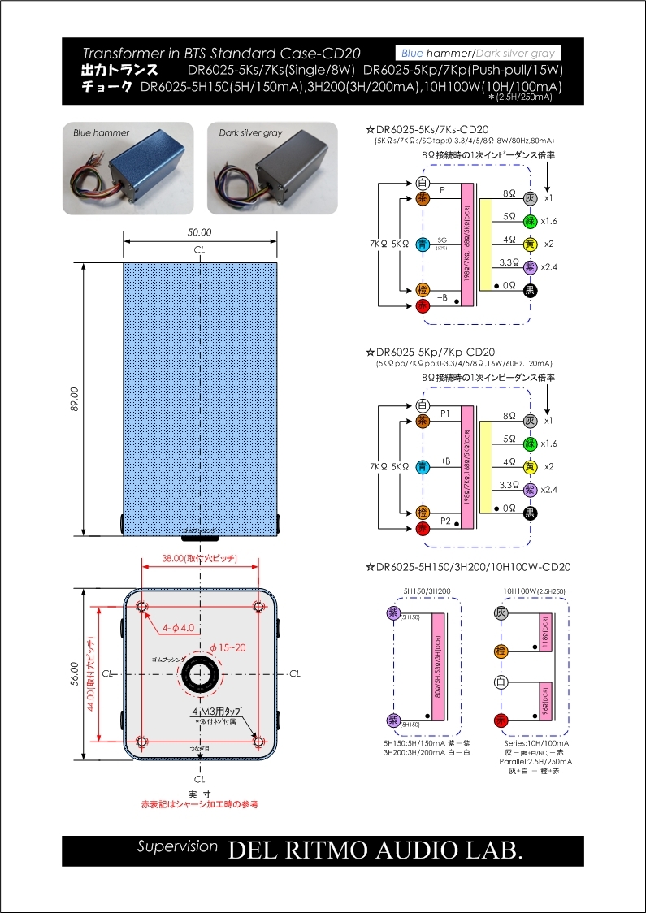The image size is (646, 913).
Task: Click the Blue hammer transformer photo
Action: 128,169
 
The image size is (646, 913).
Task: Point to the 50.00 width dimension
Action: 199,232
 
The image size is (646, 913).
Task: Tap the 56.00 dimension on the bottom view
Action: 76,673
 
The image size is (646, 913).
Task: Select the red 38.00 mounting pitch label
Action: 200,559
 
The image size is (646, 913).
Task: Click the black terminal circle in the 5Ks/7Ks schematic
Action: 530,291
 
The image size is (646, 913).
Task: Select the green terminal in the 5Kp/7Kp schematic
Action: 530,444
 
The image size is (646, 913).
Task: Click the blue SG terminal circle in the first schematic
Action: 422,244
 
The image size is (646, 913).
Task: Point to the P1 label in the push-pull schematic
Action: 444,413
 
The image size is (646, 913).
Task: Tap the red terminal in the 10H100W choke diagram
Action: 502,720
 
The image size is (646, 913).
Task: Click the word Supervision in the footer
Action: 177,846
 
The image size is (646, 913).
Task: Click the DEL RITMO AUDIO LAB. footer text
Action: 375,850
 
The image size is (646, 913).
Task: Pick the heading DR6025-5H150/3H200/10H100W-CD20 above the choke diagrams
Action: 471,567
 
